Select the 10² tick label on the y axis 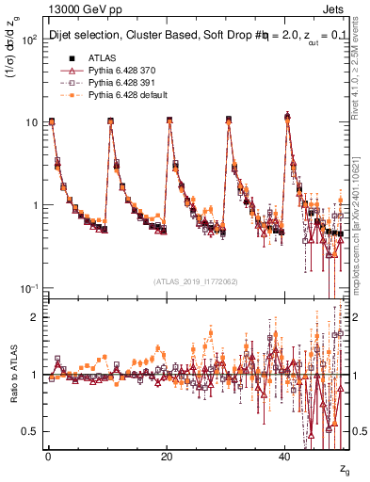click(29, 40)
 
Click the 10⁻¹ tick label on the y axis click(28, 287)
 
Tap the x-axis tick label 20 click(167, 456)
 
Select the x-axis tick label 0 click(48, 456)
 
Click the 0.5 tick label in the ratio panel click(31, 431)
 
